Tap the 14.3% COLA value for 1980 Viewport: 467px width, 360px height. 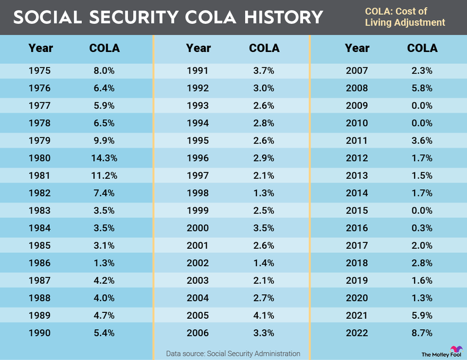(x=104, y=158)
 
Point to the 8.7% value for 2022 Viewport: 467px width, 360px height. (x=422, y=333)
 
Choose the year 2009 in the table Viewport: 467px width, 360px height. (x=357, y=106)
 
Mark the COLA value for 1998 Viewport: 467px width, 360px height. (x=264, y=193)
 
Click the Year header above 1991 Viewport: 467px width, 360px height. (x=198, y=48)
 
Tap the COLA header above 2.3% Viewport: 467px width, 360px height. (x=422, y=48)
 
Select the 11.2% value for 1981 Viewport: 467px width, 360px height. (x=104, y=175)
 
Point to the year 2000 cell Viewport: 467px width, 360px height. (x=198, y=228)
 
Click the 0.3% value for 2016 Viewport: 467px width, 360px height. (x=422, y=228)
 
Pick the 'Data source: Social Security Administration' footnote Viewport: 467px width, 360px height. (x=233, y=353)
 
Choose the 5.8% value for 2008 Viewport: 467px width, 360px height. (x=422, y=88)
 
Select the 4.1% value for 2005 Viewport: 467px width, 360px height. (x=264, y=315)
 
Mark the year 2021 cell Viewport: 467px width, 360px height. (x=357, y=315)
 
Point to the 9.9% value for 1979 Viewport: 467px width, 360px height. (x=104, y=141)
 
